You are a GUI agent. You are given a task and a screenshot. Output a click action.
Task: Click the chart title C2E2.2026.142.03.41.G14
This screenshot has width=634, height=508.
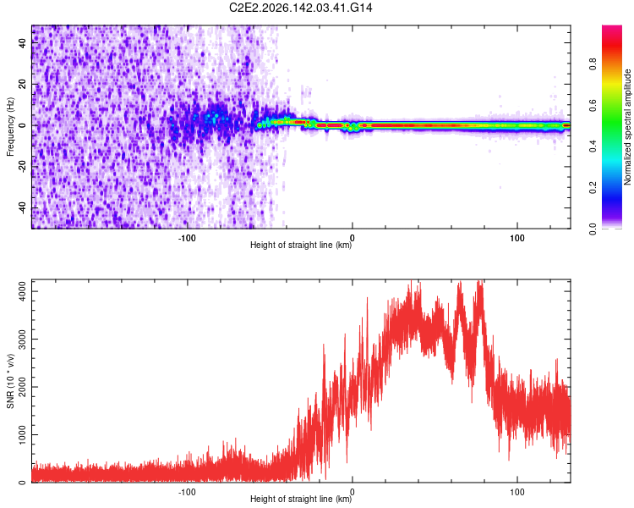pos(300,8)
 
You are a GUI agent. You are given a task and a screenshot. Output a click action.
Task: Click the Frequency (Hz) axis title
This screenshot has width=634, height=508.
pos(10,127)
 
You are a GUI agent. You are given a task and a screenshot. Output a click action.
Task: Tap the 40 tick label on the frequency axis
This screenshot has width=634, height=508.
pos(22,42)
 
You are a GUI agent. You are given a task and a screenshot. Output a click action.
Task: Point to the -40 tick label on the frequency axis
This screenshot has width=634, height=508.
pos(22,208)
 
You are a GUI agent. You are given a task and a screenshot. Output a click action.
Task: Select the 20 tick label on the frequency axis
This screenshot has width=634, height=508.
pos(22,84)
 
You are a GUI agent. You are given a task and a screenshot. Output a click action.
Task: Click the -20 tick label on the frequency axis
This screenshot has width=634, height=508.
pos(22,168)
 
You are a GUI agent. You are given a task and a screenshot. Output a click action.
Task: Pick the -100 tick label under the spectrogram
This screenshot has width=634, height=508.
pos(187,238)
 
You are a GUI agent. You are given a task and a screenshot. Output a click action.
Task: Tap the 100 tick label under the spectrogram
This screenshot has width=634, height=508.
pos(517,238)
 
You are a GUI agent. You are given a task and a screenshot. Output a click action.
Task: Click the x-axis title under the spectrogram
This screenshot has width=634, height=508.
pos(301,245)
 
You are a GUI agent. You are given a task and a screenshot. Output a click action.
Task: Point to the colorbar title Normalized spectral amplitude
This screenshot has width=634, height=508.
pos(627,127)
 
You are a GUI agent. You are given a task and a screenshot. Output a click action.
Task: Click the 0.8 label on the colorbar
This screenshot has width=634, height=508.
pos(593,64)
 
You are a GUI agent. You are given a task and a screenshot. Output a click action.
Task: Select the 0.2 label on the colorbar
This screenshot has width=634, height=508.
pos(593,188)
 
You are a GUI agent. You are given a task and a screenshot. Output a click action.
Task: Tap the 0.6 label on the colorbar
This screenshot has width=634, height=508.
pos(593,105)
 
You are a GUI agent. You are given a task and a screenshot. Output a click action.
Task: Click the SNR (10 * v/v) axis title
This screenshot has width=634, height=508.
pos(10,381)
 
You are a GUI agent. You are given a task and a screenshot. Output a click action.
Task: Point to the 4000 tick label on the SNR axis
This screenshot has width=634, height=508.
pos(22,291)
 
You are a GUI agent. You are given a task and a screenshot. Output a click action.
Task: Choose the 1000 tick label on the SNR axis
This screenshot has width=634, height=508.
pos(22,434)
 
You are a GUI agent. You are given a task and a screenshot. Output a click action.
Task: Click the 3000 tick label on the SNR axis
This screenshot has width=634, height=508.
pos(22,339)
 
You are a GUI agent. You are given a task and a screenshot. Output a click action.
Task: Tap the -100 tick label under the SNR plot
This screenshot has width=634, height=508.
pos(187,492)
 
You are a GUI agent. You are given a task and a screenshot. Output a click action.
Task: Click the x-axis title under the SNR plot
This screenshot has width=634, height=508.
pos(301,499)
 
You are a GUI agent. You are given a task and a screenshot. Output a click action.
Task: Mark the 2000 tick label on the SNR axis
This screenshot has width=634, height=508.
pos(22,387)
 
